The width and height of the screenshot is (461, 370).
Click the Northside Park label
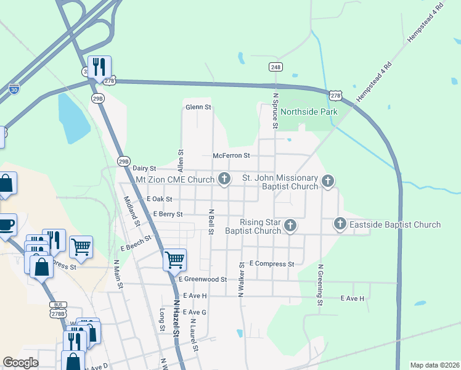(x=309, y=112)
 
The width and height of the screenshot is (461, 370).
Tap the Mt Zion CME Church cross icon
(x=224, y=179)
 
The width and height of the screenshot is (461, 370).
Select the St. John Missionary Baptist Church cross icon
(x=328, y=181)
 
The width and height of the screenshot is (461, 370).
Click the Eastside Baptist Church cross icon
(x=340, y=224)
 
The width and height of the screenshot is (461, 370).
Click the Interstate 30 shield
(x=14, y=89)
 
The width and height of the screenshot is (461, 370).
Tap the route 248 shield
(x=275, y=67)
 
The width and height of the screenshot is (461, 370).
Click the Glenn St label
(x=198, y=107)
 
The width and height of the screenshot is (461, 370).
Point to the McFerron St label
(x=231, y=156)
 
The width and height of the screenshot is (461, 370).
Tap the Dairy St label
(x=145, y=168)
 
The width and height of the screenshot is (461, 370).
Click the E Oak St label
(x=160, y=199)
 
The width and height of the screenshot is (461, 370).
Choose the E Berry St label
(x=168, y=215)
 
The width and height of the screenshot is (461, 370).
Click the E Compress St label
(x=272, y=264)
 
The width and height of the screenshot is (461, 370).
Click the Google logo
(x=21, y=363)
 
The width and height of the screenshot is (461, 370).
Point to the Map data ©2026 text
(x=434, y=365)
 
